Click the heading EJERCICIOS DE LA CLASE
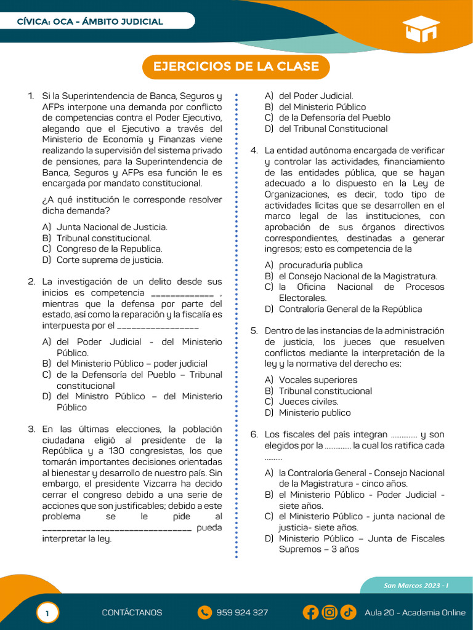tap(236, 66)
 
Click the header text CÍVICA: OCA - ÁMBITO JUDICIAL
tap(90, 22)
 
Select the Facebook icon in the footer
tap(311, 612)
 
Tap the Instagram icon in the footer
tap(329, 612)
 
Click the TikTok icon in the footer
tap(348, 612)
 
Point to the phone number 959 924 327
tap(242, 612)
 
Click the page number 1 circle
tap(47, 613)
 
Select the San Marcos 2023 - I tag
tap(416, 585)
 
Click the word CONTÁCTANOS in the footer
tap(132, 612)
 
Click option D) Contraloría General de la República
tap(350, 309)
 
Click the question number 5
tap(253, 330)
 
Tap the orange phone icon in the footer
tap(204, 612)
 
